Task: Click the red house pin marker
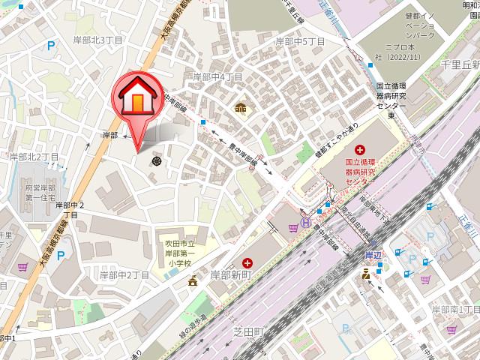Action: pos(138,97)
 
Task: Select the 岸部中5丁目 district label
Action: pos(300,40)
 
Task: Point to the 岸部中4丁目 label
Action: pos(217,76)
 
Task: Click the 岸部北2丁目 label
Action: pos(34,157)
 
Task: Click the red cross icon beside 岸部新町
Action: pos(247,262)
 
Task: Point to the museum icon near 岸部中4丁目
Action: pos(240,107)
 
